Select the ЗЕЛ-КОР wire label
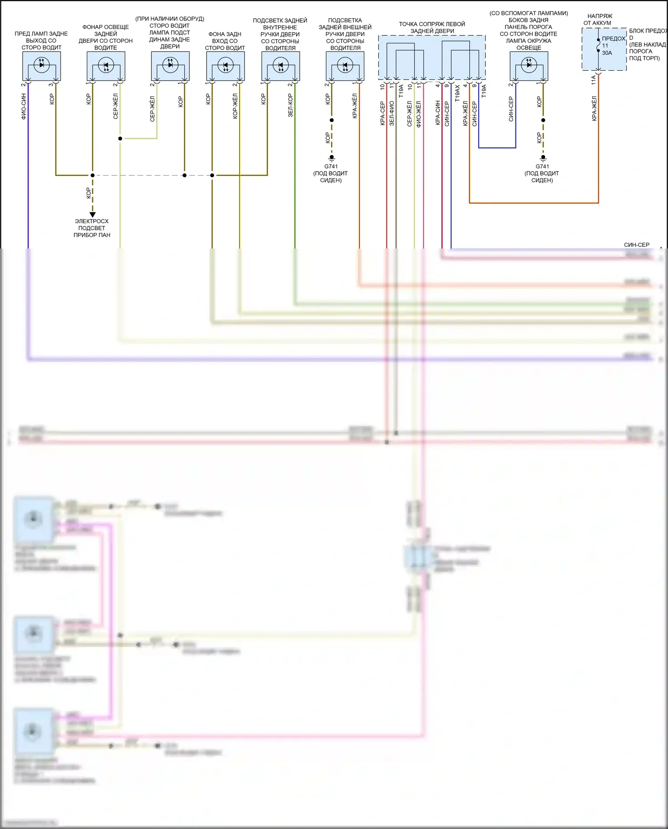tap(290, 106)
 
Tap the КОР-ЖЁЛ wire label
tap(235, 106)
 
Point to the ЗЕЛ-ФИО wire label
tap(391, 113)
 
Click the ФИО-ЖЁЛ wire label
tap(419, 114)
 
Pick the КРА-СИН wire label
tap(438, 113)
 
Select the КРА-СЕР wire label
tap(383, 113)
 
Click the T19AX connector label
tap(457, 93)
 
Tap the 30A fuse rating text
tap(607, 53)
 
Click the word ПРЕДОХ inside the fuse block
tap(614, 39)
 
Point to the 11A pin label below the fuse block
tap(593, 80)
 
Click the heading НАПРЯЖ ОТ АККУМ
tap(599, 20)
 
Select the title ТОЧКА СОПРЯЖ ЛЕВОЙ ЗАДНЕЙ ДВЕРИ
tap(432, 28)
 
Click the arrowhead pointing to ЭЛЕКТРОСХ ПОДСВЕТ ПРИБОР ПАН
tap(93, 215)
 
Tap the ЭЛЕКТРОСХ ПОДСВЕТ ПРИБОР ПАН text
tap(92, 228)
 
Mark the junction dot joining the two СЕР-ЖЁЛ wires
tap(120, 139)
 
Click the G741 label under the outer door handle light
tap(331, 167)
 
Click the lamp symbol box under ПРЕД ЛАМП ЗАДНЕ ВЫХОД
tap(41, 66)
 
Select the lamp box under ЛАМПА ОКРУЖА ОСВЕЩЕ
tap(529, 66)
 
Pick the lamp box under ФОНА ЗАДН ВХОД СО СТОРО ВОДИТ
tap(225, 66)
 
